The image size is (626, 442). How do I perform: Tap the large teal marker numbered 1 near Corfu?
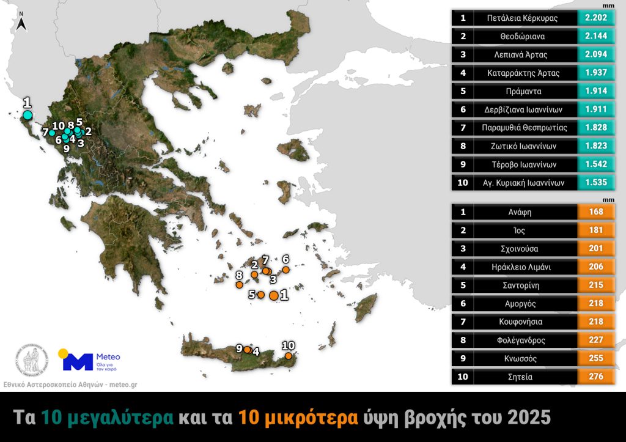coord(27,114)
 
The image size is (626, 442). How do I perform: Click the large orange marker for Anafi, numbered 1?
coord(273,295)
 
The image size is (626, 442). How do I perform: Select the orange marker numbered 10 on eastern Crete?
coord(288,355)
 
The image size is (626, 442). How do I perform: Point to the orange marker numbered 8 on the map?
coord(239,285)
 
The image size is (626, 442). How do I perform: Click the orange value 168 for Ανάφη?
coord(595,212)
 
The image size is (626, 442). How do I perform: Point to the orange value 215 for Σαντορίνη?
coord(595,285)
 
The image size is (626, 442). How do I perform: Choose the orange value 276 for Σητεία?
coord(595,377)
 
